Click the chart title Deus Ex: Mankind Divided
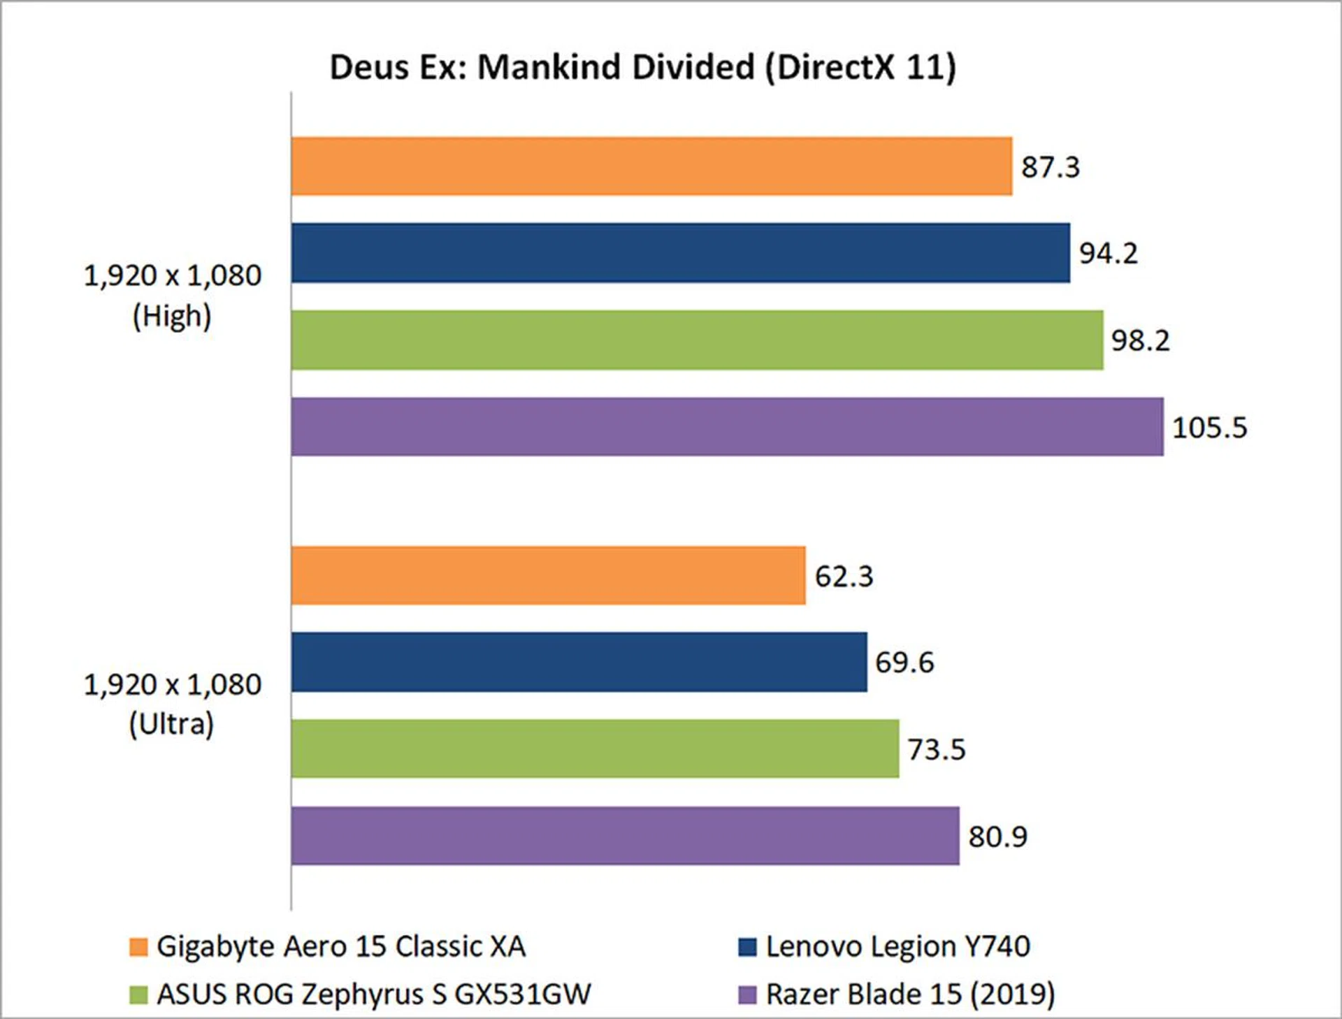coord(642,68)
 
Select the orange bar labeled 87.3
coord(651,166)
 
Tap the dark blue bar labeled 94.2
coord(680,253)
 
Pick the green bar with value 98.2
coord(697,340)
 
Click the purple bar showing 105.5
coord(727,427)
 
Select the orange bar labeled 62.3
coord(548,576)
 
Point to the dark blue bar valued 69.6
coord(579,663)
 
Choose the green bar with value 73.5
coord(595,749)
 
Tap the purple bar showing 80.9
coord(625,836)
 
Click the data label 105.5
coord(1209,428)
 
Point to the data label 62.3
coord(844,577)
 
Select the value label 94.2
coord(1109,253)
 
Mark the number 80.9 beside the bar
coord(997,837)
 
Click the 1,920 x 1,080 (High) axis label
coord(172,296)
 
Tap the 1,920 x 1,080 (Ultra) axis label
coord(172,704)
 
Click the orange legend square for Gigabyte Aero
coord(138,947)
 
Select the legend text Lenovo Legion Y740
coord(897,946)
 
